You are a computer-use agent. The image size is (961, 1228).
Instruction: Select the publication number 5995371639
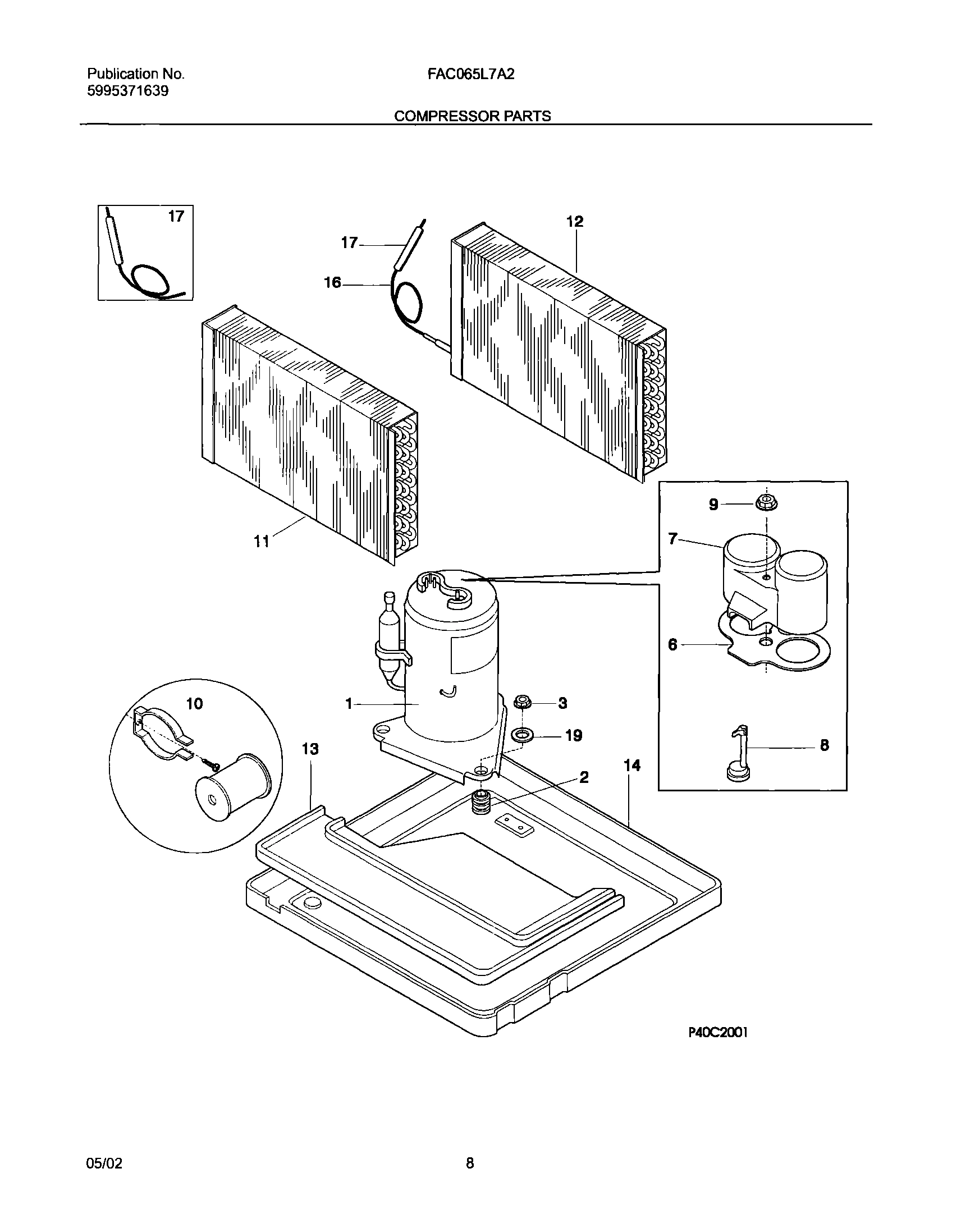(x=128, y=91)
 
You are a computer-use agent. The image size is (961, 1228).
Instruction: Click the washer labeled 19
(x=523, y=735)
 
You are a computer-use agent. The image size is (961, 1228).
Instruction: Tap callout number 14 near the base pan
(x=633, y=766)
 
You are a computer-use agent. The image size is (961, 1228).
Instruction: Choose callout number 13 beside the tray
(x=310, y=749)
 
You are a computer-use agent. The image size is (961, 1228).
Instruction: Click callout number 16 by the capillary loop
(x=332, y=282)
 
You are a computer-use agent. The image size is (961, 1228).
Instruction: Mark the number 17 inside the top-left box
(x=176, y=217)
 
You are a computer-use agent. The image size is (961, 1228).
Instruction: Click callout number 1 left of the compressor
(x=349, y=704)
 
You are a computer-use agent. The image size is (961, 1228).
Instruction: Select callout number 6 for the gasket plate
(x=672, y=645)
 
